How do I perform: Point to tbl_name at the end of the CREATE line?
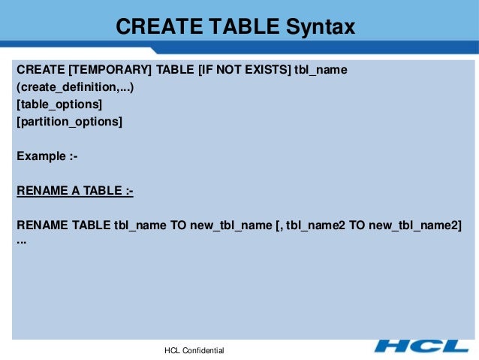click(x=321, y=70)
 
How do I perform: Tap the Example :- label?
click(x=47, y=156)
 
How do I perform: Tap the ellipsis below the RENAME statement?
click(x=21, y=241)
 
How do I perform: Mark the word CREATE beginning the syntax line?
click(x=40, y=70)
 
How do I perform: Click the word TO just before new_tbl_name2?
click(x=357, y=226)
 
